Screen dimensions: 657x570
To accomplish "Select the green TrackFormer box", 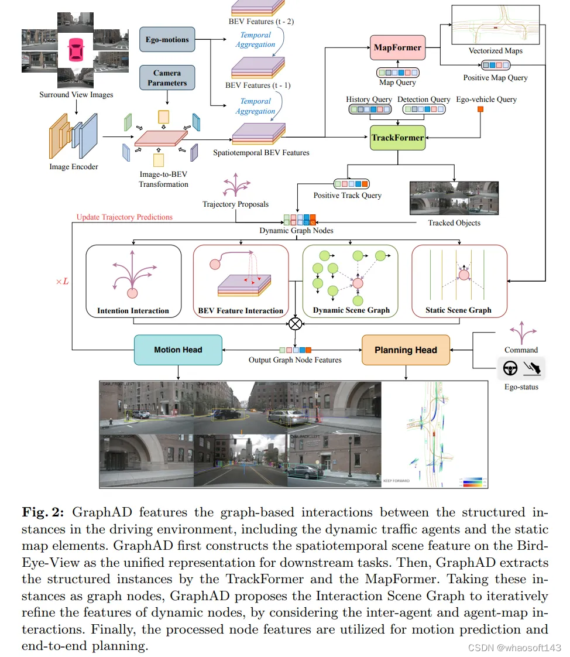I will [x=398, y=138].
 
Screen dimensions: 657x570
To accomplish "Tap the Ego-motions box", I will [x=167, y=40].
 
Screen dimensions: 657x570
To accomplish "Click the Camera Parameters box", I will [x=167, y=78].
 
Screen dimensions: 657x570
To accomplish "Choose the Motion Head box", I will [x=178, y=350].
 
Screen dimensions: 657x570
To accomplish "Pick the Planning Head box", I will [x=406, y=350].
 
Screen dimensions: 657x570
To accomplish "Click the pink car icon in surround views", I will [x=75, y=50].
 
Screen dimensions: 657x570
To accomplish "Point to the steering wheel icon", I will [x=510, y=369].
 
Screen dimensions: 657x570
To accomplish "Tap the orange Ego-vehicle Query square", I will [x=480, y=109].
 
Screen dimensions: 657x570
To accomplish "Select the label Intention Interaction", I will [x=133, y=310].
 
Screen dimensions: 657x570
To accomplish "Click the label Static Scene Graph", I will [x=459, y=310].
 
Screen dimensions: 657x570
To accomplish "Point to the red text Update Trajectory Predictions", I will [x=125, y=217].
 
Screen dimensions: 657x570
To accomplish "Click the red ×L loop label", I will [x=62, y=282].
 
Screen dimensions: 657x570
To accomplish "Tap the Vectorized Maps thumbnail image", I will [x=495, y=25].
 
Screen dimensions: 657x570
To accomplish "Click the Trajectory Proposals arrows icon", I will [x=235, y=185].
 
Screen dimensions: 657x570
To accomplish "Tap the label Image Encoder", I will [x=74, y=167].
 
